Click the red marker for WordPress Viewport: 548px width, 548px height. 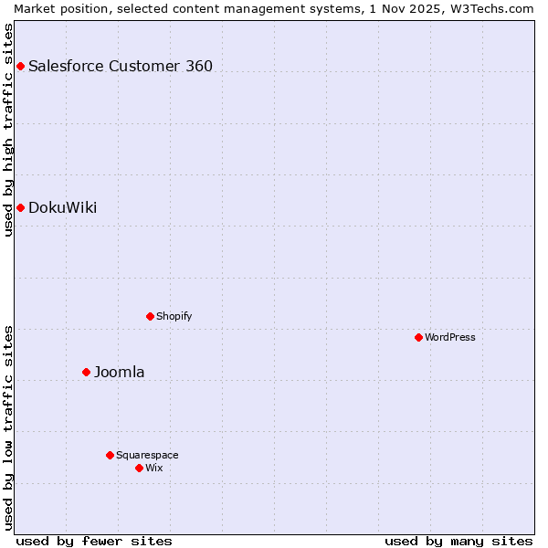pos(418,337)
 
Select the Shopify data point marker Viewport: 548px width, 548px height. pos(150,316)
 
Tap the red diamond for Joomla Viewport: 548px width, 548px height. pos(87,372)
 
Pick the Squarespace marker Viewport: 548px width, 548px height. pos(110,455)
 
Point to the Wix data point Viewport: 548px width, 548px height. pos(139,468)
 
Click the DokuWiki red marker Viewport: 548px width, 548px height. pos(20,207)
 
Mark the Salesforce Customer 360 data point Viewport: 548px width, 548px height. pos(20,66)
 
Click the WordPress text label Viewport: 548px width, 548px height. pos(450,337)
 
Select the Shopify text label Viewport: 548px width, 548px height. pos(174,316)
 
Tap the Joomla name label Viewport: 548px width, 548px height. pos(120,372)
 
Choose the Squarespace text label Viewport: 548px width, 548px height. pos(147,455)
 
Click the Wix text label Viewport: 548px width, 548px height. pos(154,468)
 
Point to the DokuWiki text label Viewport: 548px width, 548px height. pos(63,207)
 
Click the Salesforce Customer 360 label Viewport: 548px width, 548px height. pos(121,66)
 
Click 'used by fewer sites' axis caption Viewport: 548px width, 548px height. pos(94,541)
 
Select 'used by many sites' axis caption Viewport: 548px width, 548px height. pos(458,541)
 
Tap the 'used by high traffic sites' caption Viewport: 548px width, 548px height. pos(8,130)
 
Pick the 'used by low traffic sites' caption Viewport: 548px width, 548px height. pos(8,427)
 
